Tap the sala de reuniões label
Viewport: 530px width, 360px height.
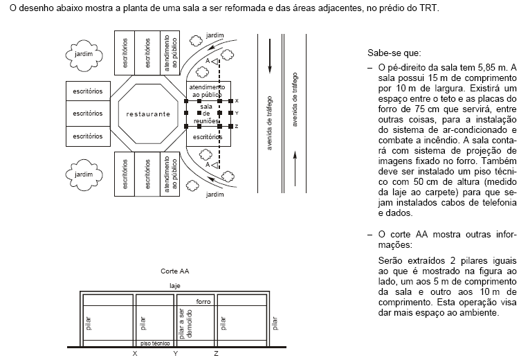[x=206, y=113]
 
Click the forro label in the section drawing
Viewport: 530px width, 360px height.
[x=203, y=302]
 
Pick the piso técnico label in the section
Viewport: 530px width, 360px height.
[x=155, y=343]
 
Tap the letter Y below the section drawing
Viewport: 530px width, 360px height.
[x=175, y=354]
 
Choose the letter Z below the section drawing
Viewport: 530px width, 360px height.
[x=217, y=354]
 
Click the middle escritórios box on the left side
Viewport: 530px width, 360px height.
[x=86, y=113]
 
